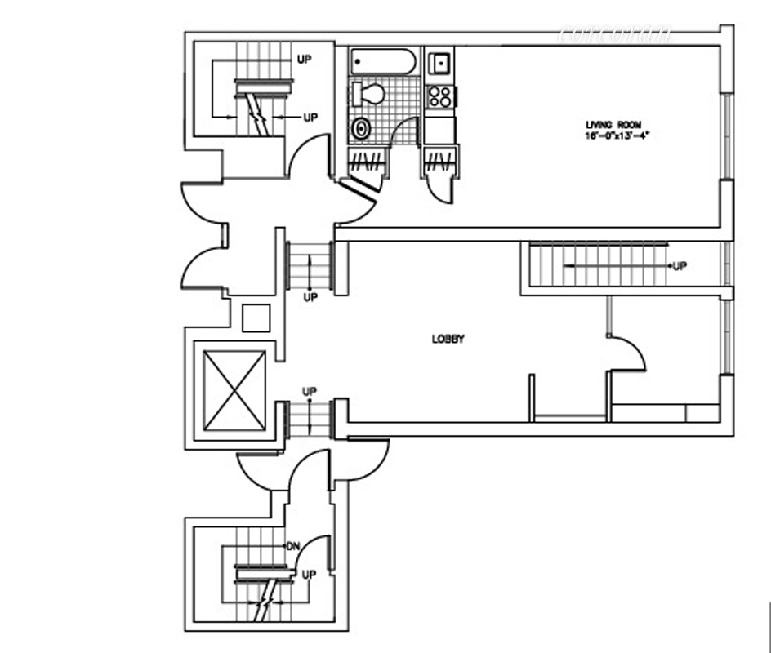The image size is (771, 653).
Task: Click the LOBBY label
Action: [448, 340]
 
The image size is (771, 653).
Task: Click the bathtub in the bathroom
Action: [384, 61]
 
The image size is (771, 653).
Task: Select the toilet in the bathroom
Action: [370, 93]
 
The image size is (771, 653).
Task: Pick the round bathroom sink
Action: [361, 128]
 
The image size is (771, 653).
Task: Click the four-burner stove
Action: [440, 96]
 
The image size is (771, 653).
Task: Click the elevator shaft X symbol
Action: [234, 389]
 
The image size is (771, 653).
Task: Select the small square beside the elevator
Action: [256, 318]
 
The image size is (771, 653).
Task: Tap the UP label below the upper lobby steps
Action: [310, 298]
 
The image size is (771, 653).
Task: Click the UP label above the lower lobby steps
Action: [310, 392]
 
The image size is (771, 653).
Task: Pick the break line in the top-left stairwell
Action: [260, 114]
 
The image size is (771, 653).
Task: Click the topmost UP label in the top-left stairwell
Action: [304, 60]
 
